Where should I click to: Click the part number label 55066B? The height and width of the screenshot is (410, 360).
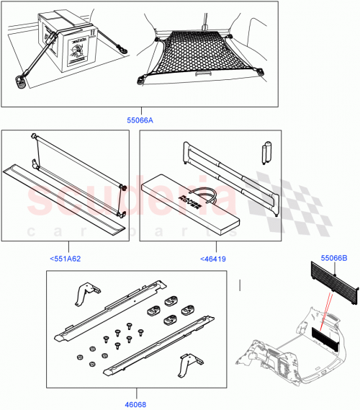coord(333,257)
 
